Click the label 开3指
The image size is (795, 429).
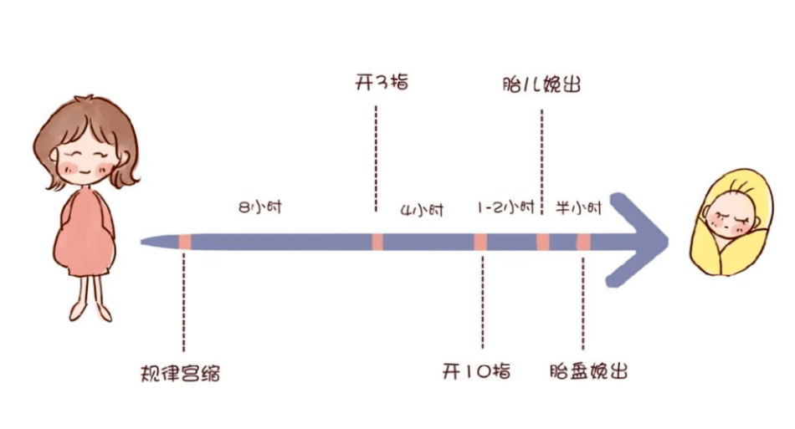click(382, 82)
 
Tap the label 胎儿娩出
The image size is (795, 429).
click(541, 84)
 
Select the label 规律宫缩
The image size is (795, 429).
click(181, 374)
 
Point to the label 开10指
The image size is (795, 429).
click(476, 371)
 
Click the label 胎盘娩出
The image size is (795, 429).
click(588, 371)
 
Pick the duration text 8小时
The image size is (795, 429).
click(260, 207)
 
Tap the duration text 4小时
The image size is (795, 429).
click(422, 210)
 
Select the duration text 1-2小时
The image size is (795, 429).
click(506, 207)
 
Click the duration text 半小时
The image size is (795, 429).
click(578, 207)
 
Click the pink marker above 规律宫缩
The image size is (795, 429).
click(185, 242)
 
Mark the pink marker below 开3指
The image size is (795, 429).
click(377, 242)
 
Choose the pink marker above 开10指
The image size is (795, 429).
click(480, 242)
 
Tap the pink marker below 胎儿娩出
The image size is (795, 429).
click(543, 242)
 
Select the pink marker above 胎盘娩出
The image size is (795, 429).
click(583, 242)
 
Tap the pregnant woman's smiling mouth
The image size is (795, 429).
click(85, 171)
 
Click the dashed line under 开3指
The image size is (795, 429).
click(376, 159)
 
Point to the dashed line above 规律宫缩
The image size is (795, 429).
click(183, 302)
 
